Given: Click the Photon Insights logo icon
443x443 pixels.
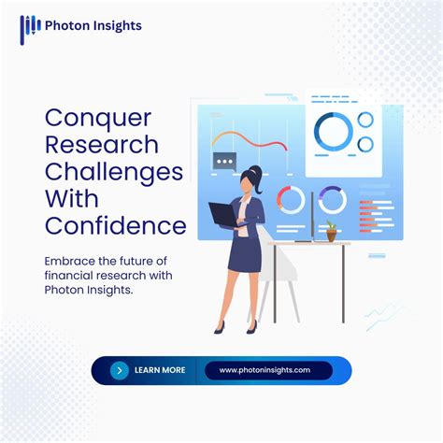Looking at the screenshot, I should [x=30, y=27].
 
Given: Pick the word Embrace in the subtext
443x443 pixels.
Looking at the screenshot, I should [x=71, y=261].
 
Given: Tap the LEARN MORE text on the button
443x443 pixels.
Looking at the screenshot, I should [x=160, y=370].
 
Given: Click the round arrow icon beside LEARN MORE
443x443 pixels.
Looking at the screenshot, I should [x=119, y=370].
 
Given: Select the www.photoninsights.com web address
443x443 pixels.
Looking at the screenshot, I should [x=264, y=370].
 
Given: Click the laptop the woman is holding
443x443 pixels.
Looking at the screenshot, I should [x=223, y=216].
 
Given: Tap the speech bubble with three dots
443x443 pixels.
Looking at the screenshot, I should [x=225, y=161].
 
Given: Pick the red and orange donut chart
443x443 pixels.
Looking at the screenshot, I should [x=291, y=199].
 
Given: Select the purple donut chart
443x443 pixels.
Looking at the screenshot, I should [x=332, y=199].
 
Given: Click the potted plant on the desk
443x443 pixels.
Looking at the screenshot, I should [x=330, y=230].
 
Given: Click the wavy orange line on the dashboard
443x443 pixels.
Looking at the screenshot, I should [x=248, y=141].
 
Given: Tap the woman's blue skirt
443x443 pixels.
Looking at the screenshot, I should [x=245, y=255].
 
